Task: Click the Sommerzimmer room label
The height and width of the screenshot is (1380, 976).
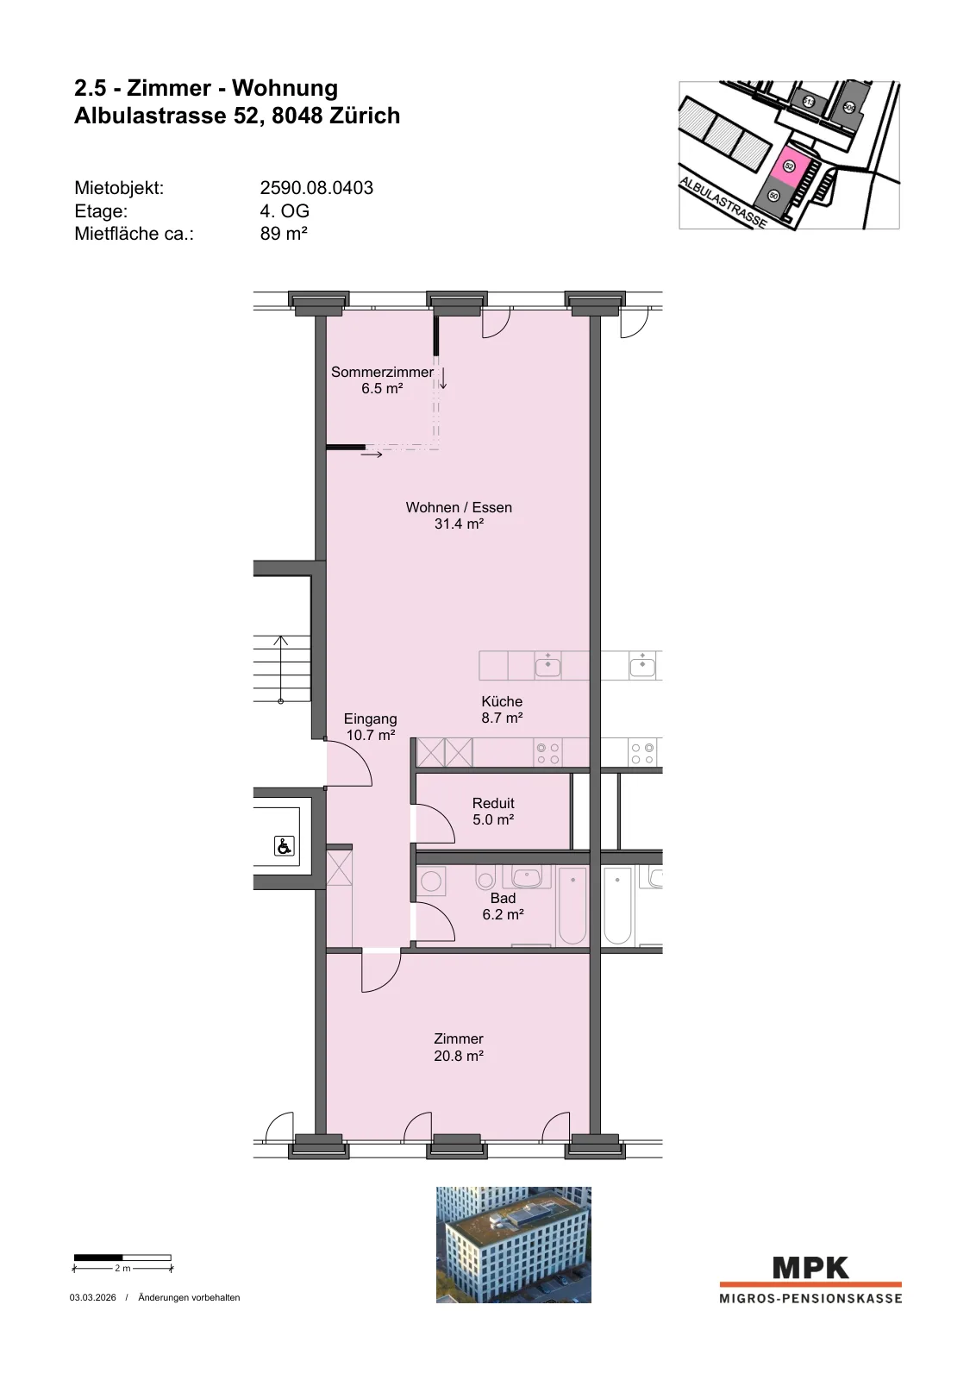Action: pos(383,372)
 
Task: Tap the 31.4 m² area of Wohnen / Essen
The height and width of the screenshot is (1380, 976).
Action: pos(459,524)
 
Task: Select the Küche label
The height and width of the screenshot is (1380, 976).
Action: pos(502,701)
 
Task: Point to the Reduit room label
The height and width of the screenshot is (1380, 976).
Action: pos(493,803)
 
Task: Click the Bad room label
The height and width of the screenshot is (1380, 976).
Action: pos(503,898)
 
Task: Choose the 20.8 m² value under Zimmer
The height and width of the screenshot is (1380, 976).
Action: pos(459,1056)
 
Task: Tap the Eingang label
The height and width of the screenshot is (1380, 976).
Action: pos(370,718)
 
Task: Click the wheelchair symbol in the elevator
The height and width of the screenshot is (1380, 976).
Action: pos(284,846)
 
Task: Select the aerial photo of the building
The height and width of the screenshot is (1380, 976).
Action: pos(514,1245)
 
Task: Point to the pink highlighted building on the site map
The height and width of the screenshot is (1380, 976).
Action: pos(789,166)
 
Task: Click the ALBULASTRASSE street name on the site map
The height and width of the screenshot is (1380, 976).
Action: pos(723,203)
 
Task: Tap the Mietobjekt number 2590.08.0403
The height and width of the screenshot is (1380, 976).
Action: pos(316,187)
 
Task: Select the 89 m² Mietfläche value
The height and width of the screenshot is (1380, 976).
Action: pos(284,234)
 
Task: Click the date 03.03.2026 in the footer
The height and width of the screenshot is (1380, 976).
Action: pos(92,1297)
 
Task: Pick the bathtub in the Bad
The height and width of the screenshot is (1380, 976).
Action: pos(572,905)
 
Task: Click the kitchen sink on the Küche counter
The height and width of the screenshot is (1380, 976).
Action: pos(547,666)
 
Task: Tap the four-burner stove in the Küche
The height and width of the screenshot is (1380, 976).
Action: pos(548,754)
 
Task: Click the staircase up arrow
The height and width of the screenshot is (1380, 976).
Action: pos(281,669)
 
